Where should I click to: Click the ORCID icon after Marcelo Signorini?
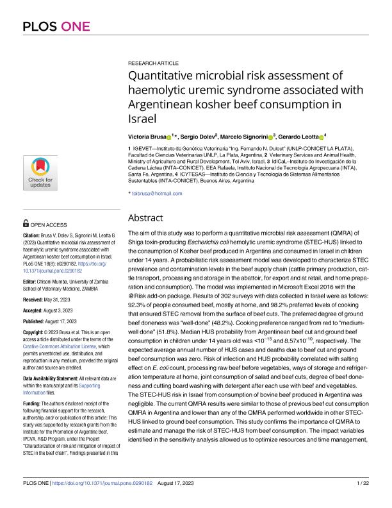tap(271, 137)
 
